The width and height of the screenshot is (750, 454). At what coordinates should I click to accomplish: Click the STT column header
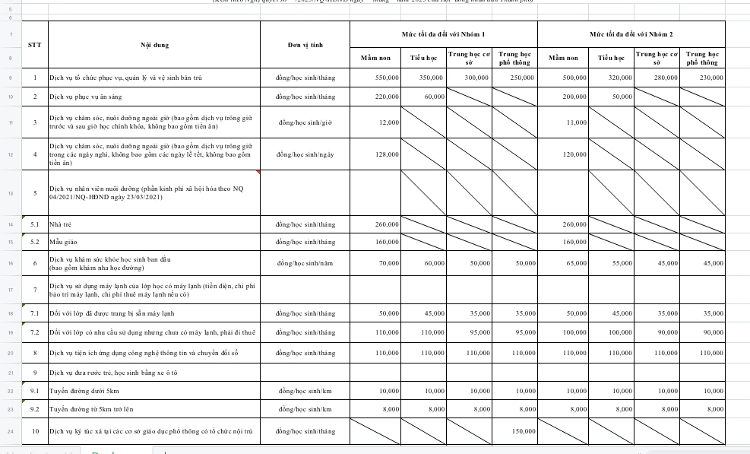(35, 45)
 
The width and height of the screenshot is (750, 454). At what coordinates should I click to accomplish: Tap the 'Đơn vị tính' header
(305, 45)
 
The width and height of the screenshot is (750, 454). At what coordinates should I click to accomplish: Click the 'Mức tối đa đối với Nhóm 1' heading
(443, 34)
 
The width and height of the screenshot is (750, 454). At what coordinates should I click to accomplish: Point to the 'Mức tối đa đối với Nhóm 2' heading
(631, 34)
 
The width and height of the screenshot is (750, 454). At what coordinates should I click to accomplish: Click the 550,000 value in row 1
(387, 78)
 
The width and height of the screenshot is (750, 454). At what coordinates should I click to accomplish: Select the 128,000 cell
(388, 154)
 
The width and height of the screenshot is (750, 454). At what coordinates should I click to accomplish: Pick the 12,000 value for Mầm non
(389, 122)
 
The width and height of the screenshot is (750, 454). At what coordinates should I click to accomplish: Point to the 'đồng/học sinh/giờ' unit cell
(305, 122)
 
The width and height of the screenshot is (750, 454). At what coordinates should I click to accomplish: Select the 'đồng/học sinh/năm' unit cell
(305, 263)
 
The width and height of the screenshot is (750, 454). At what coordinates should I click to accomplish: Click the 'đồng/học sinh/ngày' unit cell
(305, 154)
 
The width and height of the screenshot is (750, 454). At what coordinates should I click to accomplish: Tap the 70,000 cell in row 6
(389, 263)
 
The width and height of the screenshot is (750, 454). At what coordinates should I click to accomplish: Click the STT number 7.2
(35, 333)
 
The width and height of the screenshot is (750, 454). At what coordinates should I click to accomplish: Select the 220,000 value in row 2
(387, 97)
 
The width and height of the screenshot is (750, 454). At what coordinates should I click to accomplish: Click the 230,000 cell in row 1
(710, 78)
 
